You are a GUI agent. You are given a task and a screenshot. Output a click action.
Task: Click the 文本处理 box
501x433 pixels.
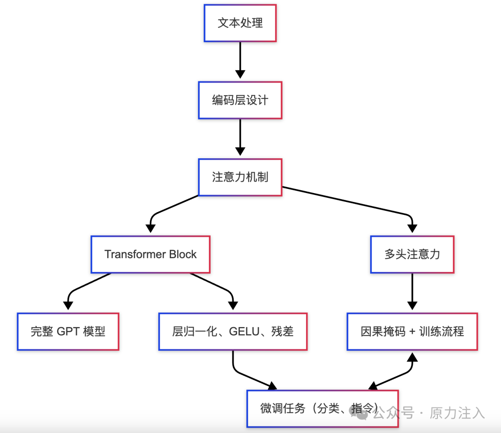[240, 23]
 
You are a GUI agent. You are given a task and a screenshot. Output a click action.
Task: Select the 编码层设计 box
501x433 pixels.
[240, 100]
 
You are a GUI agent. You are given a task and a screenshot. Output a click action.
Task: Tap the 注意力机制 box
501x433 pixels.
[240, 177]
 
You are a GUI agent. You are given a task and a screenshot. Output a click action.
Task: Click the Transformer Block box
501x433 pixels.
[150, 254]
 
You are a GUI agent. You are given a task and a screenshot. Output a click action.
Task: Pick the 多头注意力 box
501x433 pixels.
[412, 254]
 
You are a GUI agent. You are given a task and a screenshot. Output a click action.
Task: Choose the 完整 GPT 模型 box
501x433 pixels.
[68, 331]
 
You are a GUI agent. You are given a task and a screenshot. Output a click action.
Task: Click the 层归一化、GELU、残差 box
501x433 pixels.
[232, 331]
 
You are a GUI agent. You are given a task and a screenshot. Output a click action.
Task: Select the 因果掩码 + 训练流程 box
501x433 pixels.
[412, 331]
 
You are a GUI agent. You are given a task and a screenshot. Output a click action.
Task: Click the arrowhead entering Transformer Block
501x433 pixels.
[150, 228]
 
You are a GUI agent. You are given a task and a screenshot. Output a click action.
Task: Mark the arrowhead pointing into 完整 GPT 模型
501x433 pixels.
[68, 305]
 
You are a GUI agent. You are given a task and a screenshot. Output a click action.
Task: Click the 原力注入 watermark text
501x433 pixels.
[457, 413]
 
